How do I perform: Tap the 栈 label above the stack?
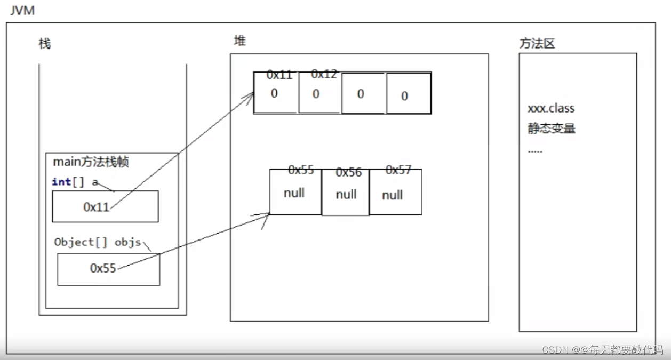coord(45,44)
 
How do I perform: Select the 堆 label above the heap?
coord(240,41)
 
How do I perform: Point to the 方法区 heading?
coord(537,44)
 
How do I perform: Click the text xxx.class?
coord(551,108)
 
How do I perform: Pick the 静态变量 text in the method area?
coord(552,129)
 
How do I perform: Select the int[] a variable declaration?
coord(75,182)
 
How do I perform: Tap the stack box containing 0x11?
coord(105,206)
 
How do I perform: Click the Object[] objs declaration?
coord(98,242)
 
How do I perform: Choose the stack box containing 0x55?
coord(108,269)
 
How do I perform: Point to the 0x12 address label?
coord(324,74)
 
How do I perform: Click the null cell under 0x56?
coord(346,195)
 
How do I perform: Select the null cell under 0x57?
coord(393,195)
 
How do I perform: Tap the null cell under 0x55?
coord(294,193)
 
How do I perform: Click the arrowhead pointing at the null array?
coord(267,215)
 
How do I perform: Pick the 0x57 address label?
coord(398,171)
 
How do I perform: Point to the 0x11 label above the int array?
coord(279,75)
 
